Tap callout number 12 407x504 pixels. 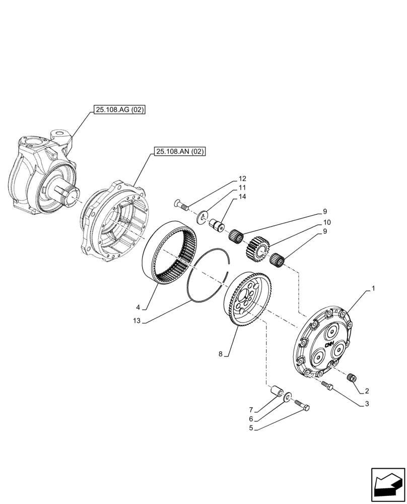[x=242, y=178]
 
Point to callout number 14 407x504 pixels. [x=242, y=196]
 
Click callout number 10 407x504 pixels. [x=327, y=222]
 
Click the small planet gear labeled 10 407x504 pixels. [x=259, y=248]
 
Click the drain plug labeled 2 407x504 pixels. [x=352, y=377]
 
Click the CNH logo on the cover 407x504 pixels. [x=330, y=345]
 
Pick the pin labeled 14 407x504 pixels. [x=219, y=225]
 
